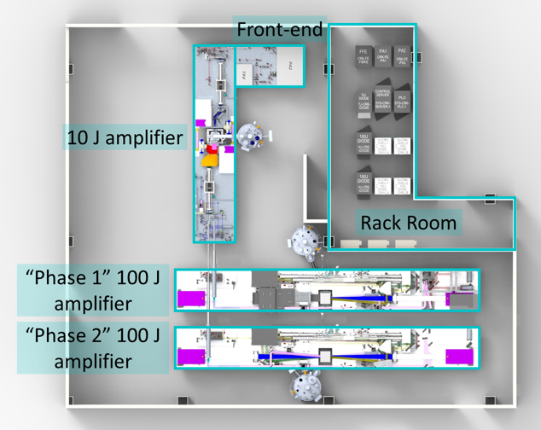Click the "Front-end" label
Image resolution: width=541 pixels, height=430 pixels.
[281, 31]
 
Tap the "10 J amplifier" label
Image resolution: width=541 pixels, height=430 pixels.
[125, 137]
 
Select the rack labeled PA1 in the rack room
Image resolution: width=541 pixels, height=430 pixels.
[383, 56]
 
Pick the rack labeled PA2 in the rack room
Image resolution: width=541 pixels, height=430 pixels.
[403, 56]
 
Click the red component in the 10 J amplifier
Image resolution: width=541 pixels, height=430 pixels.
[210, 154]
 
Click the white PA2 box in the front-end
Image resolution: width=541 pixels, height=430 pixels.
[291, 66]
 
